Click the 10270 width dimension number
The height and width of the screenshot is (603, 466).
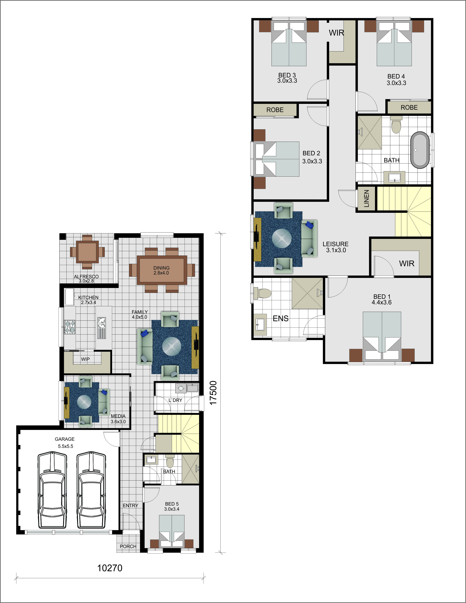click(x=110, y=568)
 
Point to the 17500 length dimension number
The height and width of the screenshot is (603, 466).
click(x=213, y=393)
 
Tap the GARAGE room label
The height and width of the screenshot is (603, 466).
click(x=65, y=439)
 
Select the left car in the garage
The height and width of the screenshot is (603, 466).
click(x=52, y=490)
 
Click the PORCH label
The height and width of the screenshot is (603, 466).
click(x=128, y=546)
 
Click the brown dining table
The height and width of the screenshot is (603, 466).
click(x=162, y=270)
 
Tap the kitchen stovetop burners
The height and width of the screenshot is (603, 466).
click(x=70, y=327)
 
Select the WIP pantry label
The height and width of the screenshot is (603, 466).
click(x=85, y=359)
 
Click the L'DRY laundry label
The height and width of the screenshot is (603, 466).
click(x=175, y=400)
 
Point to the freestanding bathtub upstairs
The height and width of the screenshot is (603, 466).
click(x=420, y=150)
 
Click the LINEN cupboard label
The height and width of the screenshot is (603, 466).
click(x=366, y=199)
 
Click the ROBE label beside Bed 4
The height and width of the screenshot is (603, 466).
click(x=409, y=107)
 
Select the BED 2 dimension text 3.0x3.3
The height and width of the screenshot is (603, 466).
click(x=312, y=161)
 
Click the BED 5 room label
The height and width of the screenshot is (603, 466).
click(x=172, y=504)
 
